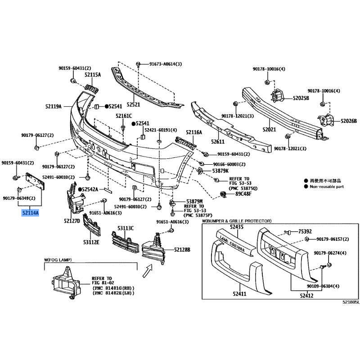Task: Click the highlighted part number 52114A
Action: (30, 213)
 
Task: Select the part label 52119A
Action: (54, 106)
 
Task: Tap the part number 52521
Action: (133, 104)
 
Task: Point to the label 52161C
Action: (124, 116)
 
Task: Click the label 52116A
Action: (194, 132)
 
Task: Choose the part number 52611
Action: (218, 142)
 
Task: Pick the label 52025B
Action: (301, 98)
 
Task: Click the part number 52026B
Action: (349, 121)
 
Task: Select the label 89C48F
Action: (243, 194)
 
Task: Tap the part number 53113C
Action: (126, 228)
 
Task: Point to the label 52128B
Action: (182, 250)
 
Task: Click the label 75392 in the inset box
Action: (305, 231)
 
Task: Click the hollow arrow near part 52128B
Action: (147, 271)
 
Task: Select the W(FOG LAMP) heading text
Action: (58, 260)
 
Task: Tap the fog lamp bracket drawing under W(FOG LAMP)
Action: (66, 283)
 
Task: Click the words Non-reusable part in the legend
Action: (327, 187)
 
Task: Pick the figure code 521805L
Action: (351, 302)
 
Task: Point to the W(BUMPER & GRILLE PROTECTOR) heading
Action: (237, 221)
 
